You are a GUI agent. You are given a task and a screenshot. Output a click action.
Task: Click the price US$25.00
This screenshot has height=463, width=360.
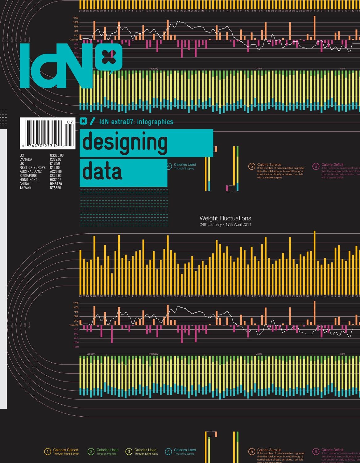tap(57, 155)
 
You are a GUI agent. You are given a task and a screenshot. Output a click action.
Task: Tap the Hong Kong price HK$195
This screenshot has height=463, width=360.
tap(55, 180)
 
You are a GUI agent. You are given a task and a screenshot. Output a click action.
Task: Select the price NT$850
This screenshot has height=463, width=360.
tap(55, 188)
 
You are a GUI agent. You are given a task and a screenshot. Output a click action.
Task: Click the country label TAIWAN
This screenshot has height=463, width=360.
tap(26, 188)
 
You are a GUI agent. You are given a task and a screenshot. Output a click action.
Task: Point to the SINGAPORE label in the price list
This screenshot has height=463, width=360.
tap(28, 176)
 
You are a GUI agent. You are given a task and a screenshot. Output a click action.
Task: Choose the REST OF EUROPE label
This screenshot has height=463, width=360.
tap(32, 168)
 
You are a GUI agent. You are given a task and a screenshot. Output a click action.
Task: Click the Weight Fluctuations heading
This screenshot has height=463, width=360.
tap(225, 219)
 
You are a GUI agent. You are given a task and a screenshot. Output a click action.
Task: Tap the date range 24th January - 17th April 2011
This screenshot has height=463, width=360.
tap(225, 224)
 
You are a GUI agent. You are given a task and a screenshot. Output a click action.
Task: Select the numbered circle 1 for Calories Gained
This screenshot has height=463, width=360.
tap(48, 452)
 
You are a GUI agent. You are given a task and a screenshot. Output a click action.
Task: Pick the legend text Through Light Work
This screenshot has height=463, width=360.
tap(146, 454)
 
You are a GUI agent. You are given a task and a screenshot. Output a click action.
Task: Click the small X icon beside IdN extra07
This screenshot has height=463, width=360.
tap(83, 121)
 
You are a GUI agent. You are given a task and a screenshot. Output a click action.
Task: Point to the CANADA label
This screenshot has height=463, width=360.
tap(26, 159)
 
